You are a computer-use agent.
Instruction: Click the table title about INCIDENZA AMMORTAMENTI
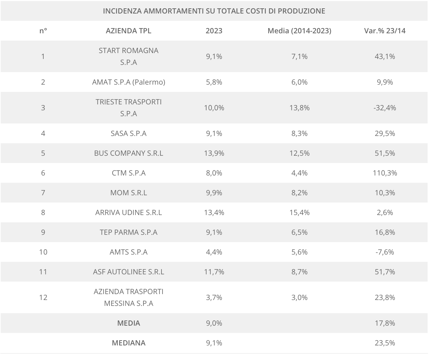tap(214, 11)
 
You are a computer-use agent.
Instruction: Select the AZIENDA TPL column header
tap(129, 31)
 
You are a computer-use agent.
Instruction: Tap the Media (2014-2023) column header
tap(299, 31)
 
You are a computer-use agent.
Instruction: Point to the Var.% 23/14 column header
tap(385, 31)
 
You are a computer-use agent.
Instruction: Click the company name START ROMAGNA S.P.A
tap(129, 56)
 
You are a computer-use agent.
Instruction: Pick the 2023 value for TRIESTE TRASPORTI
tap(214, 108)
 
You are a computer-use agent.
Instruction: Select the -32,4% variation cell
tap(385, 108)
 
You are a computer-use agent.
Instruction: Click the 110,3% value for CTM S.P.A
tap(385, 173)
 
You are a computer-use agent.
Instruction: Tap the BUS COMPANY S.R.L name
tap(129, 153)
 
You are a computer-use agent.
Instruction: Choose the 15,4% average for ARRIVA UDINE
tap(299, 212)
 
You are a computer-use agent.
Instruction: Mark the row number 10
tap(43, 252)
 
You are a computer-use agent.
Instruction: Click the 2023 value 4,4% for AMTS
tap(214, 252)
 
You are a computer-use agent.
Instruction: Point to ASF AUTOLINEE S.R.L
tap(129, 272)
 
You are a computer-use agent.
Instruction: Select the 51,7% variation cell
tap(385, 272)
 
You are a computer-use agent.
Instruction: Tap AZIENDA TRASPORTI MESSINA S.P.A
tap(129, 297)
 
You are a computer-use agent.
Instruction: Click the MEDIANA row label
tap(129, 343)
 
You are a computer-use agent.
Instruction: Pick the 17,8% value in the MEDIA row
tap(385, 323)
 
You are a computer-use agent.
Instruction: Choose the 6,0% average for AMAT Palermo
tap(299, 82)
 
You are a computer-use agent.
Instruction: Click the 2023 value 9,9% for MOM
tap(214, 192)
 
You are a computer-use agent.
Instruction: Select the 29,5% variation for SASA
tap(385, 133)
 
